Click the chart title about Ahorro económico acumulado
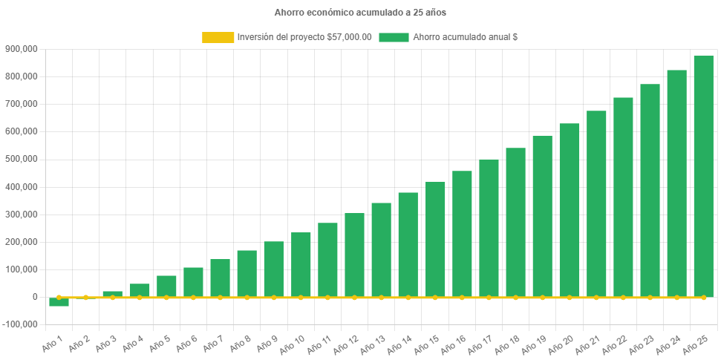[x=360, y=13]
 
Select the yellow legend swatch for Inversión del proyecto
[x=218, y=37]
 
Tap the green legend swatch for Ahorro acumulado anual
[x=394, y=37]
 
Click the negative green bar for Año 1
[x=59, y=302]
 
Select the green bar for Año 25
[x=703, y=176]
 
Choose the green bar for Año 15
[x=435, y=239]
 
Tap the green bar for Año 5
[x=166, y=286]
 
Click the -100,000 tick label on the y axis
[x=19, y=324]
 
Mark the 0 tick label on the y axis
[x=34, y=297]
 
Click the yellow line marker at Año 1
[x=59, y=297]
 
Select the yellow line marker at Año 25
[x=703, y=297]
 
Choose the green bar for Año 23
[x=650, y=190]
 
